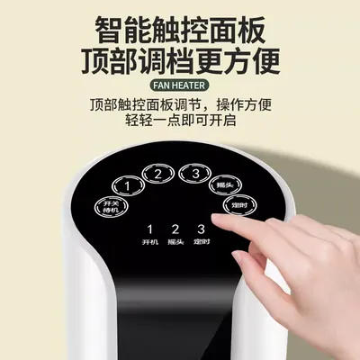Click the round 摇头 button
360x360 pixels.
point(226,185)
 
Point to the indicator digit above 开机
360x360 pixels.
point(149,229)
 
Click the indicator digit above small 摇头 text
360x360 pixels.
point(175,229)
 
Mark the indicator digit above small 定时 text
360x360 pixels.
point(201,229)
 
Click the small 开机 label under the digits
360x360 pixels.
point(149,243)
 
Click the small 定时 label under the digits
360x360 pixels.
point(201,243)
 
